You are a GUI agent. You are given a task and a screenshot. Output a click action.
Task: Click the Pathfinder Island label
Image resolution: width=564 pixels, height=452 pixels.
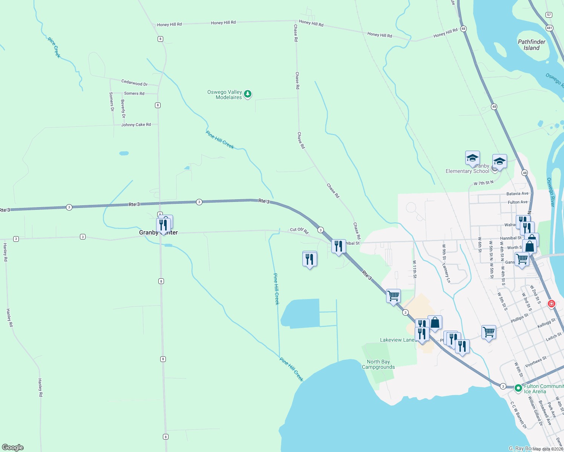click(x=531, y=45)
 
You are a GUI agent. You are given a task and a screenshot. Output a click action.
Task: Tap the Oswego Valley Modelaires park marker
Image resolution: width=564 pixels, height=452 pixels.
click(x=248, y=94)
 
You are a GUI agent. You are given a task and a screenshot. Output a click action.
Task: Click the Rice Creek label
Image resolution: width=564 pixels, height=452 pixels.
click(x=54, y=47)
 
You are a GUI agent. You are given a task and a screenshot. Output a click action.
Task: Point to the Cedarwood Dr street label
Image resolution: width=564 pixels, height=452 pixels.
click(x=134, y=82)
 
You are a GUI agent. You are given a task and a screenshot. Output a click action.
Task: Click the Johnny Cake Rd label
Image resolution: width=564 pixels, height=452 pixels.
click(x=136, y=125)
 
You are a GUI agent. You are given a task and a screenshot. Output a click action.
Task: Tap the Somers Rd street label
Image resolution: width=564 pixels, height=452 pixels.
click(x=134, y=93)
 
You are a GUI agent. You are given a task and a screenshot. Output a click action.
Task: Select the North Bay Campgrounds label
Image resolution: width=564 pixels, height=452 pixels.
click(x=378, y=364)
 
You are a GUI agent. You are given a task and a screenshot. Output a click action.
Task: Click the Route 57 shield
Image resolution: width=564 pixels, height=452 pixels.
click(x=549, y=15)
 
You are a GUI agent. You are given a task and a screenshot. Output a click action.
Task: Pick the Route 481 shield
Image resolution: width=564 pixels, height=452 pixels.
click(x=550, y=28)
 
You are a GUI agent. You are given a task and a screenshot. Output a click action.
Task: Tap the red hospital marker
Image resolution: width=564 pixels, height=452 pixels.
click(x=552, y=304)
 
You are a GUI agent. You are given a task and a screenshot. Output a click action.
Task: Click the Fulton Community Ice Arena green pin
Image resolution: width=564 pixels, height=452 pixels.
click(x=518, y=388)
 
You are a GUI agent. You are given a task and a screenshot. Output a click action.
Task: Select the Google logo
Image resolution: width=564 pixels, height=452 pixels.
click(x=13, y=447)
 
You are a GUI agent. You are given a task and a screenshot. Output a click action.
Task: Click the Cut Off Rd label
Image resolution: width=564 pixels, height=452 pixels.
click(x=299, y=230)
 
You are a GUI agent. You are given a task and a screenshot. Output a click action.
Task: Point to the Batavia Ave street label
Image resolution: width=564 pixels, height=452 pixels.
click(x=517, y=194)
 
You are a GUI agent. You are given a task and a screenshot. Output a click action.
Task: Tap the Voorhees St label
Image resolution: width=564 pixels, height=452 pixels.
click(x=535, y=362)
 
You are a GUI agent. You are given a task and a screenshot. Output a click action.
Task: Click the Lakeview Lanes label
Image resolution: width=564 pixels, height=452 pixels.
click(x=398, y=340)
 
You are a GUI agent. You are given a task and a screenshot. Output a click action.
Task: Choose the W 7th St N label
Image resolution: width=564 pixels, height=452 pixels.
click(x=483, y=183)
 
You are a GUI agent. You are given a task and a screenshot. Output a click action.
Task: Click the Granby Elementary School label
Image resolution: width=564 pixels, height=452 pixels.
click(x=467, y=169)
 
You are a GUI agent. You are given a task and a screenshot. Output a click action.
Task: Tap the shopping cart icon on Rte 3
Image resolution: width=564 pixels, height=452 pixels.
click(x=393, y=296)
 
